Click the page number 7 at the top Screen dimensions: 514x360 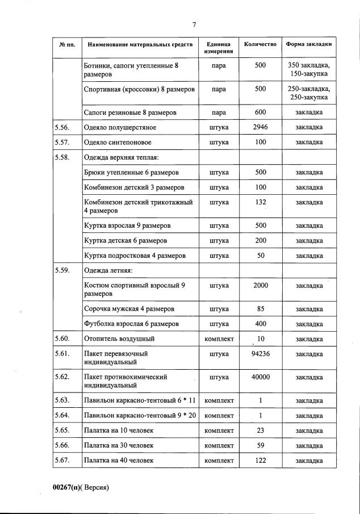tap(194, 24)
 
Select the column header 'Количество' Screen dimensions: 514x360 tap(260, 44)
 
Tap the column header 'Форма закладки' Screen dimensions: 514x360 tap(309, 44)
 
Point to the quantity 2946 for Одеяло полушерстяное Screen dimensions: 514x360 tap(260, 127)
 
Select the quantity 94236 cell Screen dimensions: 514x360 tap(260, 354)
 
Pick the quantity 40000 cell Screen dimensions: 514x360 tap(260, 377)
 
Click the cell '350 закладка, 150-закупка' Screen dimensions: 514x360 tap(309, 70)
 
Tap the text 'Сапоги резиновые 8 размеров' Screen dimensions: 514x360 tap(130, 112)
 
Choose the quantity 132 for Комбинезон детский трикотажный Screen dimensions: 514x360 tap(260, 202)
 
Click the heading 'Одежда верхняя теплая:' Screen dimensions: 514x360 tap(120, 157)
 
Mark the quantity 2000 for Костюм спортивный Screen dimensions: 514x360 tap(260, 285)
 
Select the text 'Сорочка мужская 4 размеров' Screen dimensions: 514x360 tap(129, 309)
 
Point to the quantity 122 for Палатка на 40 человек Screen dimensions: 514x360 tap(260, 460)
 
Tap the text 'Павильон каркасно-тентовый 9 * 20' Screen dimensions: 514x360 tap(140, 415)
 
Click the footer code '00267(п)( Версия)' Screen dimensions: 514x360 tap(81, 487)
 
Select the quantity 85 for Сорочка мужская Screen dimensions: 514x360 tap(260, 309)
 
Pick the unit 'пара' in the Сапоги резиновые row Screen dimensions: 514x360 tap(219, 112)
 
